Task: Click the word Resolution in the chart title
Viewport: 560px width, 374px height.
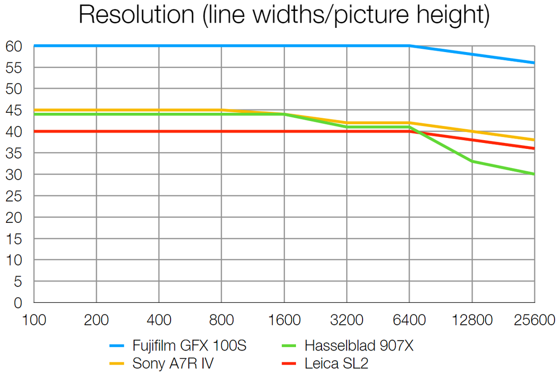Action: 136,15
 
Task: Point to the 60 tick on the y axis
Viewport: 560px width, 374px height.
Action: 14,47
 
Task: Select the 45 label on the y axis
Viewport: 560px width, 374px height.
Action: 14,111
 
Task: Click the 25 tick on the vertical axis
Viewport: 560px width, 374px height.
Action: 14,196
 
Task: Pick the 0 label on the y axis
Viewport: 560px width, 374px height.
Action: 18,303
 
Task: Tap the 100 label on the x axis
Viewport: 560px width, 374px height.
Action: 34,320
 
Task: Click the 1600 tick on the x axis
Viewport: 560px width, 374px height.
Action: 284,320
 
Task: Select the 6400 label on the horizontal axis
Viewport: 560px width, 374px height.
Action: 409,320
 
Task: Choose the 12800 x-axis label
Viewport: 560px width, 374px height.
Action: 471,320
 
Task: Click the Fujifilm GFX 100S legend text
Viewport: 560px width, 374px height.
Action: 189,346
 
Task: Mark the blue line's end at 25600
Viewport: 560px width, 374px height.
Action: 534,63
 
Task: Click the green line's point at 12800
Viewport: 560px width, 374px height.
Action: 472,162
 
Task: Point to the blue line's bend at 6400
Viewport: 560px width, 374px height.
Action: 409,46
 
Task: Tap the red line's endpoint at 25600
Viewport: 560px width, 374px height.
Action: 534,148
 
